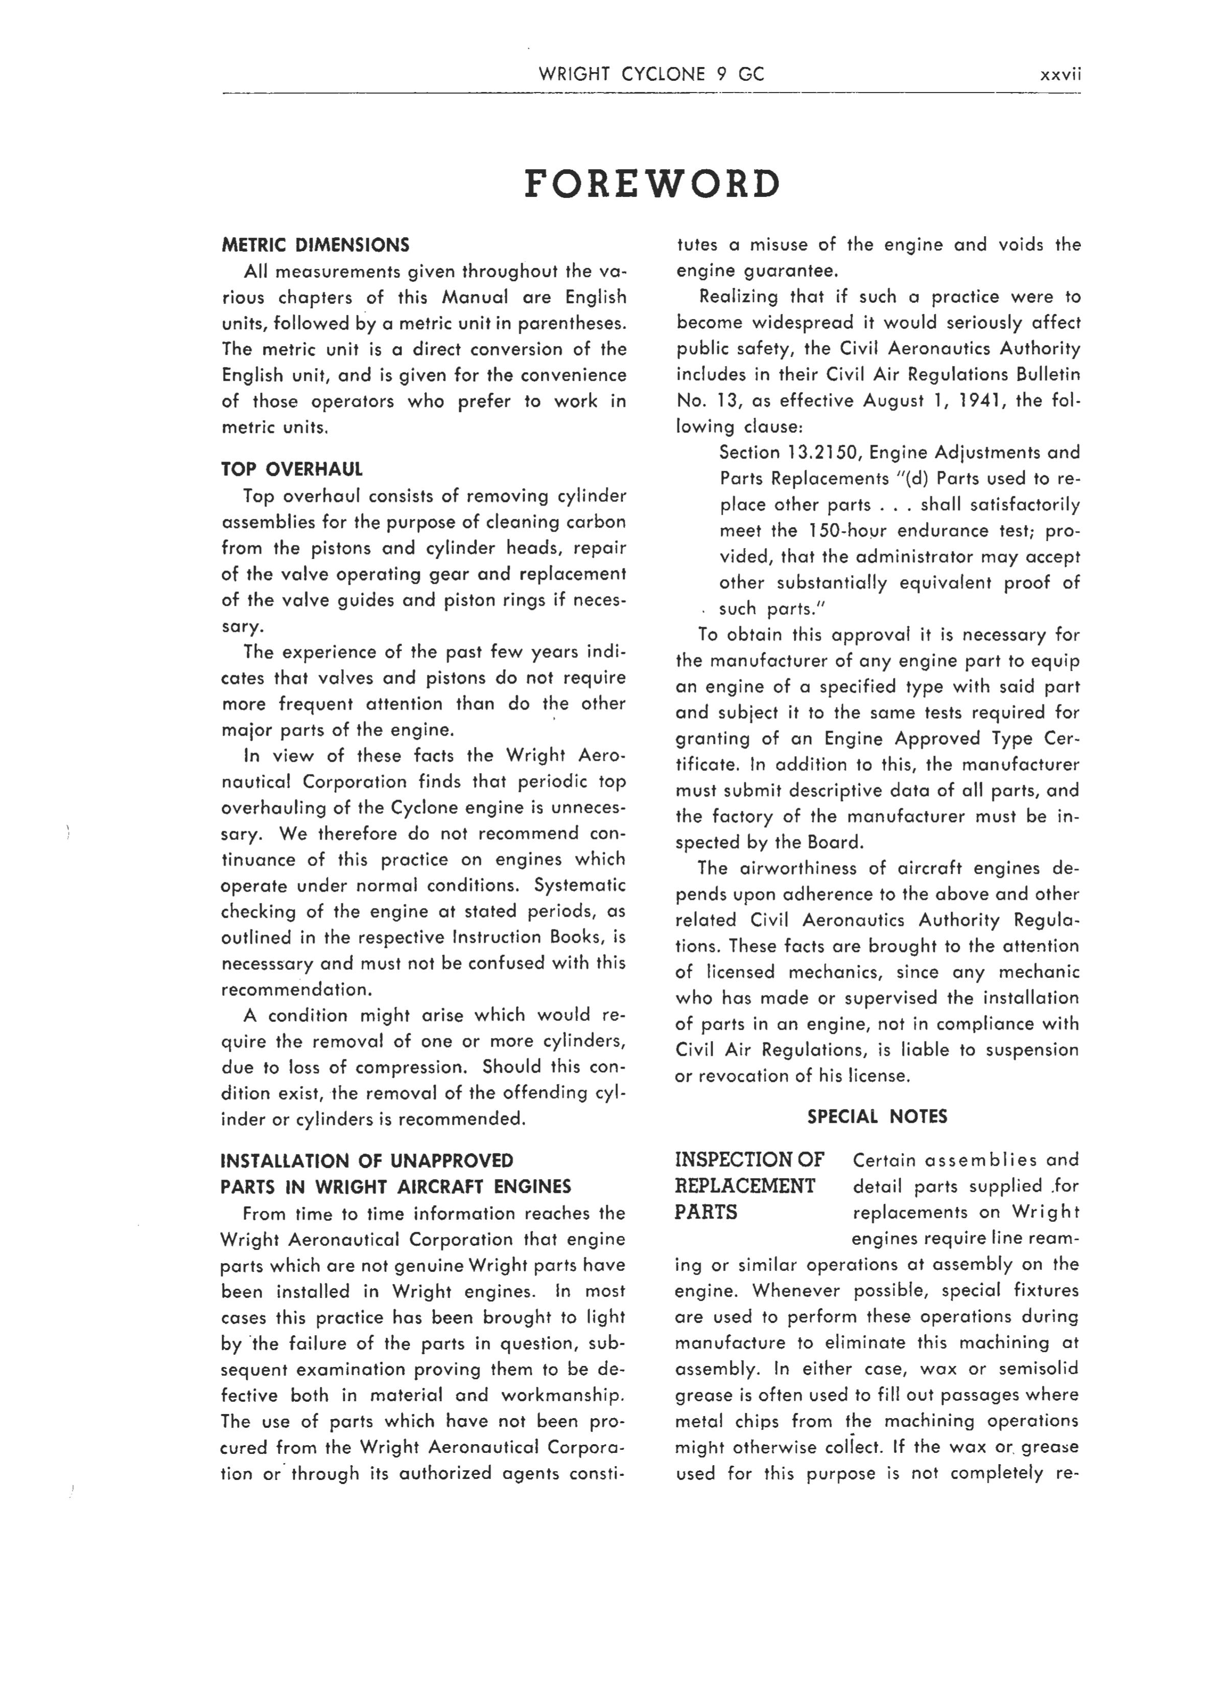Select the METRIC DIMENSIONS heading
pyautogui.click(x=315, y=245)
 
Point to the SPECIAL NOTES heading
pyautogui.click(x=877, y=1116)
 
